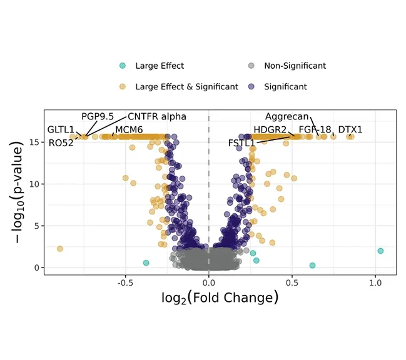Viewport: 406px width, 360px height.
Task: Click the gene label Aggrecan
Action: point(287,117)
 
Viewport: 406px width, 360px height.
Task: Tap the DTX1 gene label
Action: point(350,130)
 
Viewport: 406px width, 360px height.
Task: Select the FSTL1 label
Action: point(241,143)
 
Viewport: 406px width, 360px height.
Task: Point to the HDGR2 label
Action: point(270,130)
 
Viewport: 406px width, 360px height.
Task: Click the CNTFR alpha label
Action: point(156,117)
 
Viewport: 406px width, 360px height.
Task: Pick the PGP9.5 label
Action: point(98,117)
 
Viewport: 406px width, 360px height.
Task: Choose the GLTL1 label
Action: point(61,130)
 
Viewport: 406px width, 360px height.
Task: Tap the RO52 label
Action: point(61,142)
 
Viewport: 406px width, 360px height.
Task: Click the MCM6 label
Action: point(129,130)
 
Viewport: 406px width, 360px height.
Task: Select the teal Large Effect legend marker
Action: point(123,66)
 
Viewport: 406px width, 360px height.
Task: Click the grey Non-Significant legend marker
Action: point(251,66)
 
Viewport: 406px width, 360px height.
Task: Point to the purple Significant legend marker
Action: point(251,86)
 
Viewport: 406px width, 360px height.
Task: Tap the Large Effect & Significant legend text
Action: point(186,87)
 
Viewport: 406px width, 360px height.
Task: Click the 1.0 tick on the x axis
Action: point(375,282)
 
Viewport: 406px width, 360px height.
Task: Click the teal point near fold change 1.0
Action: point(380,251)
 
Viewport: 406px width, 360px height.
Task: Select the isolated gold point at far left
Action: point(60,249)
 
